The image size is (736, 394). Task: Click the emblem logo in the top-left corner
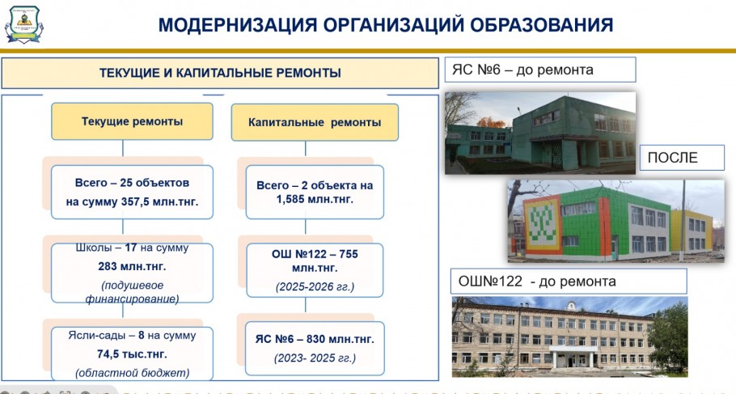23,24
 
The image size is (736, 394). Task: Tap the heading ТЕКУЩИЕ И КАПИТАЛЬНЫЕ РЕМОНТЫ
220,73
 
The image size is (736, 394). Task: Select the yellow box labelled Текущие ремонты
132,121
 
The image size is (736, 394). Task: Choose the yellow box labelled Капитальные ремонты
315,122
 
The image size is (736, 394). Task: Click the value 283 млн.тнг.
132,266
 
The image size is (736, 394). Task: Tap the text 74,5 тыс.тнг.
132,354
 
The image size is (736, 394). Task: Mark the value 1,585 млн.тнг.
315,199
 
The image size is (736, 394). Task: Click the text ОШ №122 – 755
315,254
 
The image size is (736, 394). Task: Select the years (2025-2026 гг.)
315,286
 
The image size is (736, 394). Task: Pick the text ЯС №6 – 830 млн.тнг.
315,339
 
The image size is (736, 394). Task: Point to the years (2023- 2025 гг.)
315,358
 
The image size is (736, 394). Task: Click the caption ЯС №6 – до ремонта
522,70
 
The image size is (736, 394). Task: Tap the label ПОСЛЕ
673,157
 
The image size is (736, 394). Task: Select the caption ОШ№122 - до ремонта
537,282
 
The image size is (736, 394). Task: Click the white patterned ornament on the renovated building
542,224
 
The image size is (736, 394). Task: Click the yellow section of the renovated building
691,231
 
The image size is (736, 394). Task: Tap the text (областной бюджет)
133,373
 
